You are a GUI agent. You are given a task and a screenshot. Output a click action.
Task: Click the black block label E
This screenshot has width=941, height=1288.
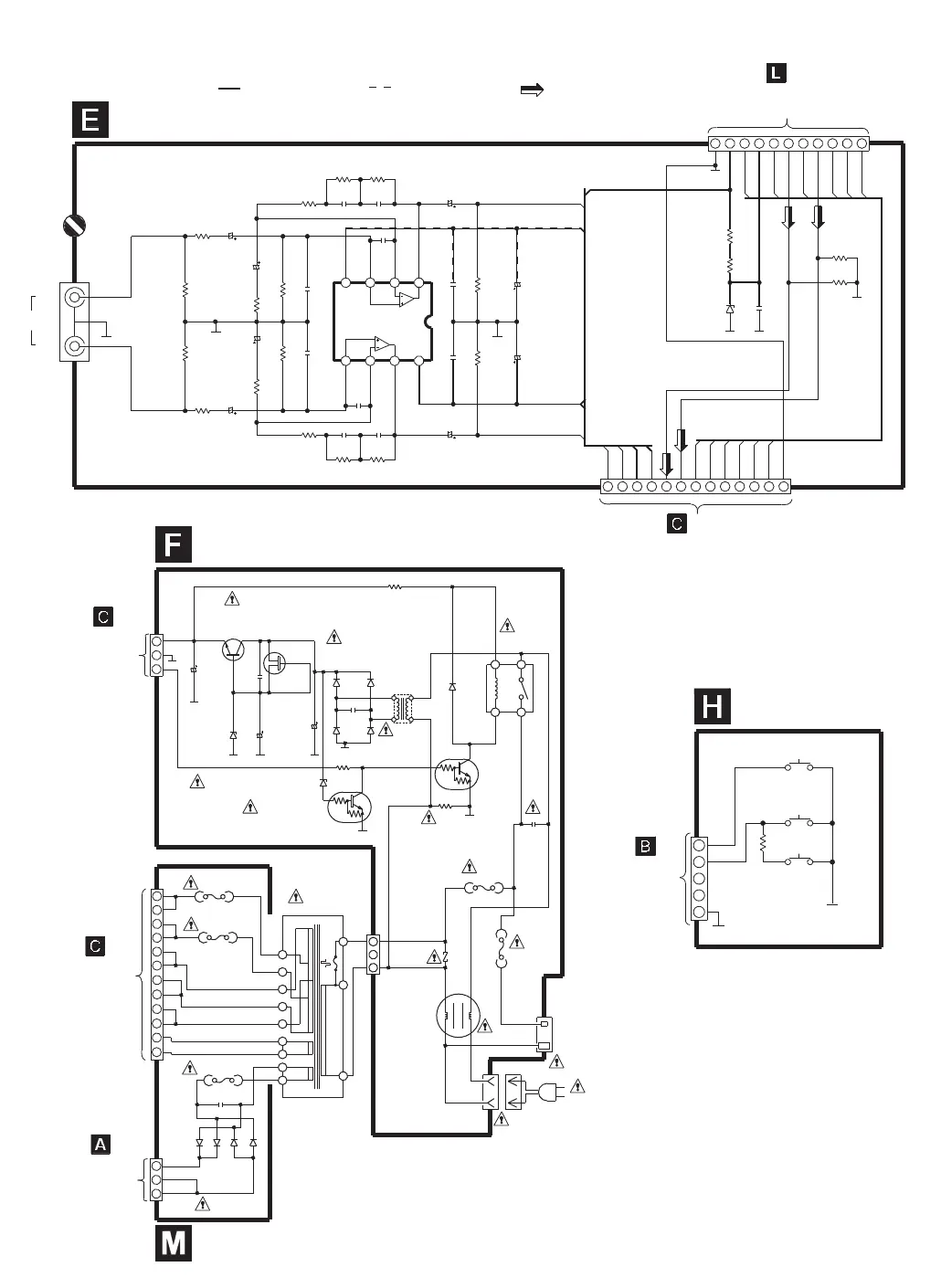(90, 121)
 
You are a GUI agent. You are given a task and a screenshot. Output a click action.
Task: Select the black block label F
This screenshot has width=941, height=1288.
(173, 545)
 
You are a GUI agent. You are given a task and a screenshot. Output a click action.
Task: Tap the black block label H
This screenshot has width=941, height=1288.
(713, 707)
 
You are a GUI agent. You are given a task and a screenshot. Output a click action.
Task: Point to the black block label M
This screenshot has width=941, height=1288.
(174, 1244)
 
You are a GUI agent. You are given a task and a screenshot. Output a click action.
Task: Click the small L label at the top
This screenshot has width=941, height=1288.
(776, 73)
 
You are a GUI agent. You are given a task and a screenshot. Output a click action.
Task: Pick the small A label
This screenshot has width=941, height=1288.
(100, 1144)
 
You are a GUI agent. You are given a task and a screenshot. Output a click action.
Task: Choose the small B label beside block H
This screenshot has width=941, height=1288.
(645, 847)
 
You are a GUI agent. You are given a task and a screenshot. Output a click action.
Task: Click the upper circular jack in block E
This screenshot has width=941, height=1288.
(74, 297)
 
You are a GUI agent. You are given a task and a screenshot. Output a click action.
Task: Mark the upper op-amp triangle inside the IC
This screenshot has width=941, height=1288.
(407, 299)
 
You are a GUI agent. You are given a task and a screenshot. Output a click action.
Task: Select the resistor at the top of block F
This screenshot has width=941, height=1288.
(395, 587)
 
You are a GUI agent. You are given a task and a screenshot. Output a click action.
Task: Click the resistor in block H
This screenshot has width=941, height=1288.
(762, 842)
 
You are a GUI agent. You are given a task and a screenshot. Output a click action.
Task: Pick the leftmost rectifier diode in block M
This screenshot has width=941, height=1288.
(200, 1143)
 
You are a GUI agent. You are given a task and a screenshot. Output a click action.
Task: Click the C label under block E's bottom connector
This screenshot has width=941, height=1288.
(676, 524)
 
